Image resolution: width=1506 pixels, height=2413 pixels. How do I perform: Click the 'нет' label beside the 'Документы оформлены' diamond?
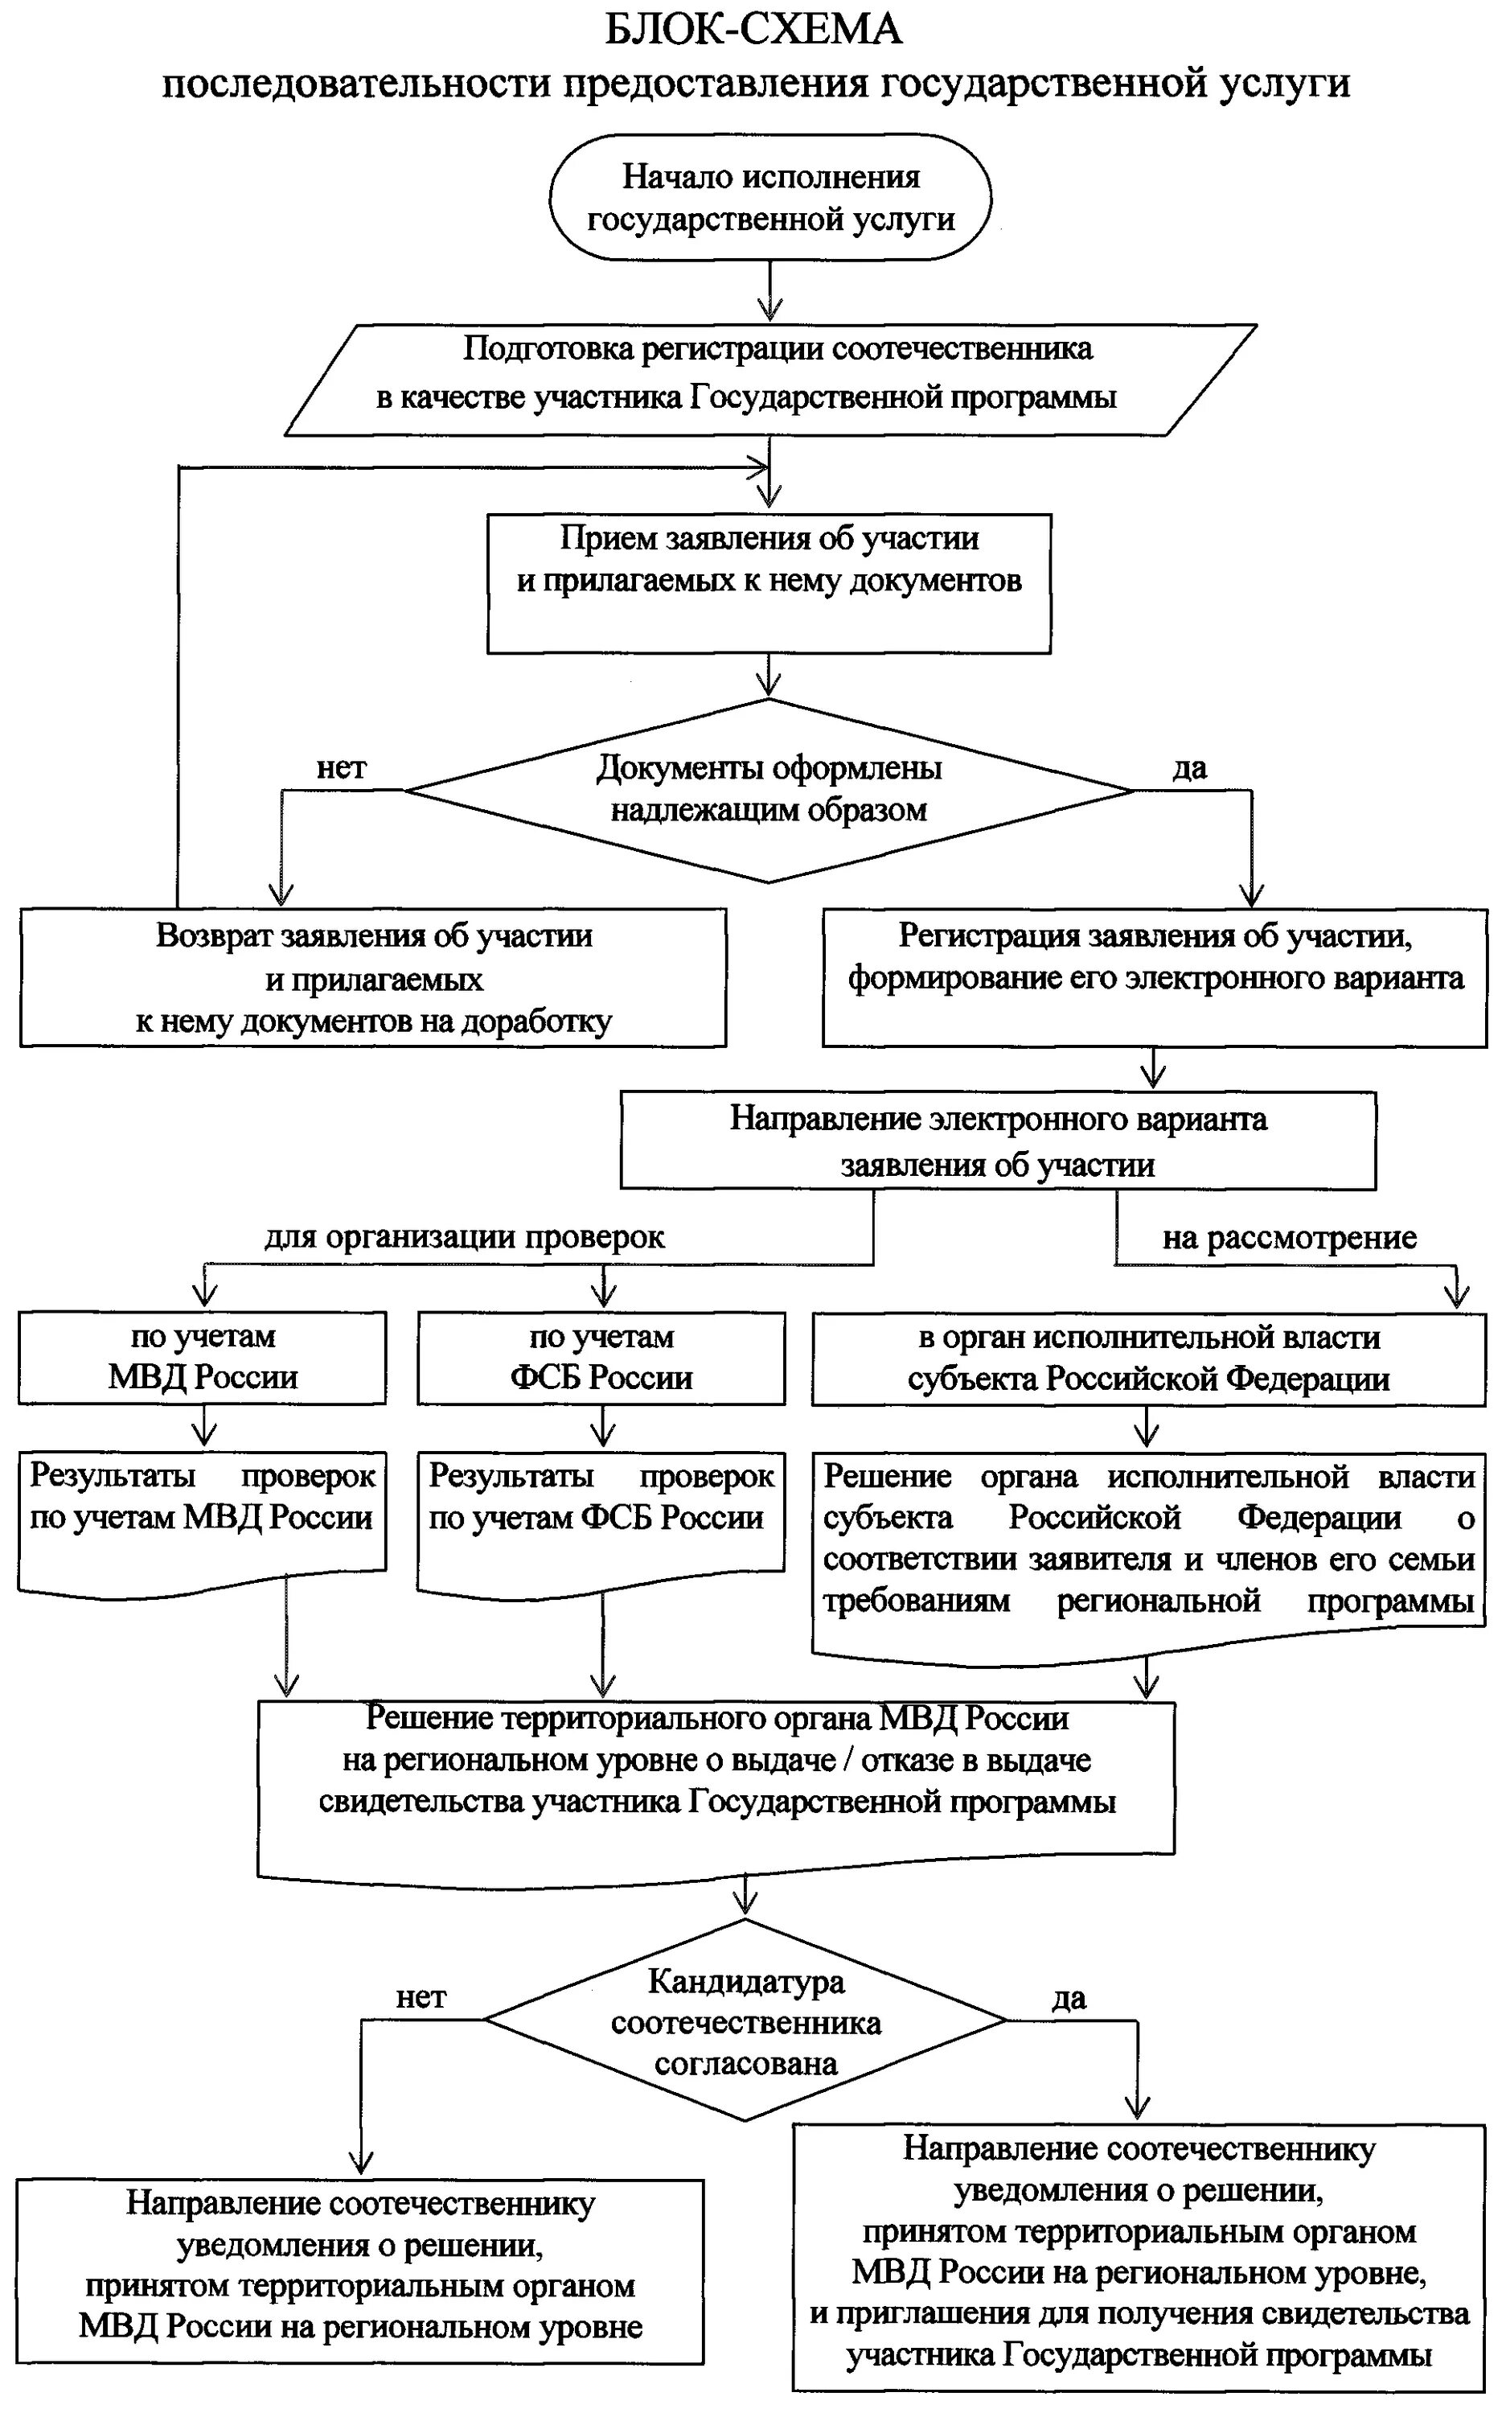click(x=342, y=768)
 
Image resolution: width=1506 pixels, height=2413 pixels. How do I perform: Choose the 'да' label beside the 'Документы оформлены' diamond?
click(x=1189, y=768)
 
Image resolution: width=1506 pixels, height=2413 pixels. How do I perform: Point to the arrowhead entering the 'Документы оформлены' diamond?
click(x=769, y=686)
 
